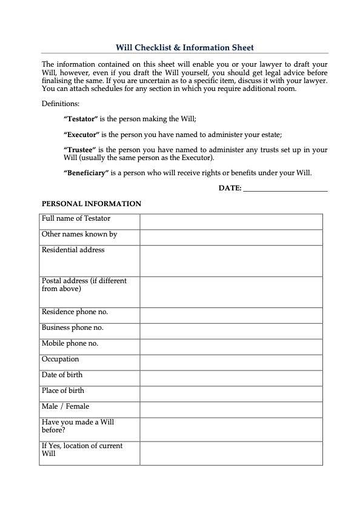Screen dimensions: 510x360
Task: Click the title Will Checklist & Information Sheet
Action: pyautogui.click(x=185, y=47)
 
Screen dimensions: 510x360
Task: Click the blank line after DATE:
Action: pyautogui.click(x=285, y=189)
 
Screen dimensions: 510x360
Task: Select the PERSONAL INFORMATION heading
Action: pyautogui.click(x=91, y=204)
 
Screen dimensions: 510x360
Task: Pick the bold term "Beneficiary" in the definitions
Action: pyautogui.click(x=85, y=172)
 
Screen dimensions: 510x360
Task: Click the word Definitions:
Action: pyautogui.click(x=61, y=104)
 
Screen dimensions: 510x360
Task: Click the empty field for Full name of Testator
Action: pyautogui.click(x=231, y=221)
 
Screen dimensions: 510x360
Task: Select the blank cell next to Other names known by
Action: pyautogui.click(x=231, y=237)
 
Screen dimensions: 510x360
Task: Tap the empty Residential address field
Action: pyautogui.click(x=231, y=261)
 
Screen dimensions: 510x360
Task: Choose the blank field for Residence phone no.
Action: pyautogui.click(x=231, y=315)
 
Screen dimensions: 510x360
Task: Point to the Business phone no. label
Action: pyautogui.click(x=72, y=327)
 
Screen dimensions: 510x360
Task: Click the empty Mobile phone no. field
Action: pyautogui.click(x=231, y=347)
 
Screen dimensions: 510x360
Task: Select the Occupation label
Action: pyautogui.click(x=60, y=359)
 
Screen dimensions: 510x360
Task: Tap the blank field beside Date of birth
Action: pyautogui.click(x=231, y=378)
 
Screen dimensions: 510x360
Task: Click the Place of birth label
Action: pyautogui.click(x=63, y=391)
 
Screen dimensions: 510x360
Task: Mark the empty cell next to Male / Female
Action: pyautogui.click(x=231, y=409)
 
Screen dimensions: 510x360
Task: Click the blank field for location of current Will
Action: pyautogui.click(x=231, y=453)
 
